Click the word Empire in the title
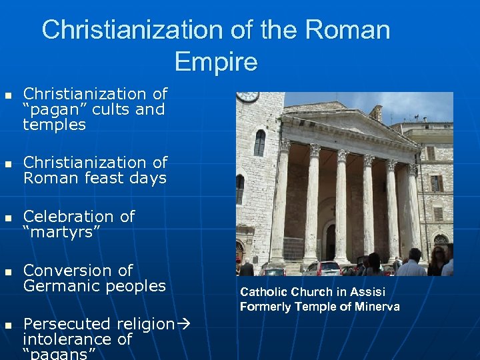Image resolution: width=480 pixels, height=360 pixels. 215,62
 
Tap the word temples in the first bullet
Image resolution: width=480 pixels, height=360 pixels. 55,125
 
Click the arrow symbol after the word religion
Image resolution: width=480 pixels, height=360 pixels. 184,324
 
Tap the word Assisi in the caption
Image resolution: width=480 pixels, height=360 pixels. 367,292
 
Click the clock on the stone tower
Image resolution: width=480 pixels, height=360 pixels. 247,96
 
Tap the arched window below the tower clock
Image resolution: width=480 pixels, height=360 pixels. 259,143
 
